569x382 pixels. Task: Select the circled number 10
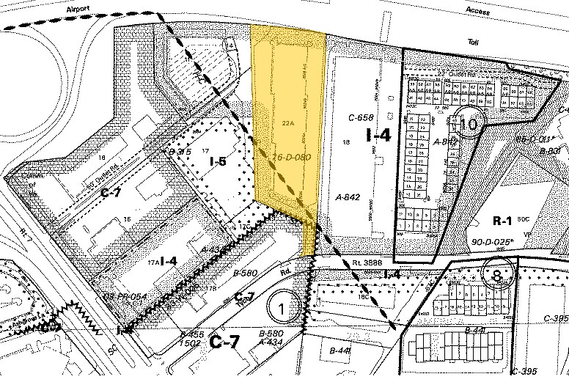(x=469, y=124)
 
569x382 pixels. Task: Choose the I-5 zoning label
(x=218, y=161)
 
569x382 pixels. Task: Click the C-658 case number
(x=361, y=117)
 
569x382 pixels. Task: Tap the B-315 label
(x=180, y=152)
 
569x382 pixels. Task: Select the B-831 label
(x=550, y=152)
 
